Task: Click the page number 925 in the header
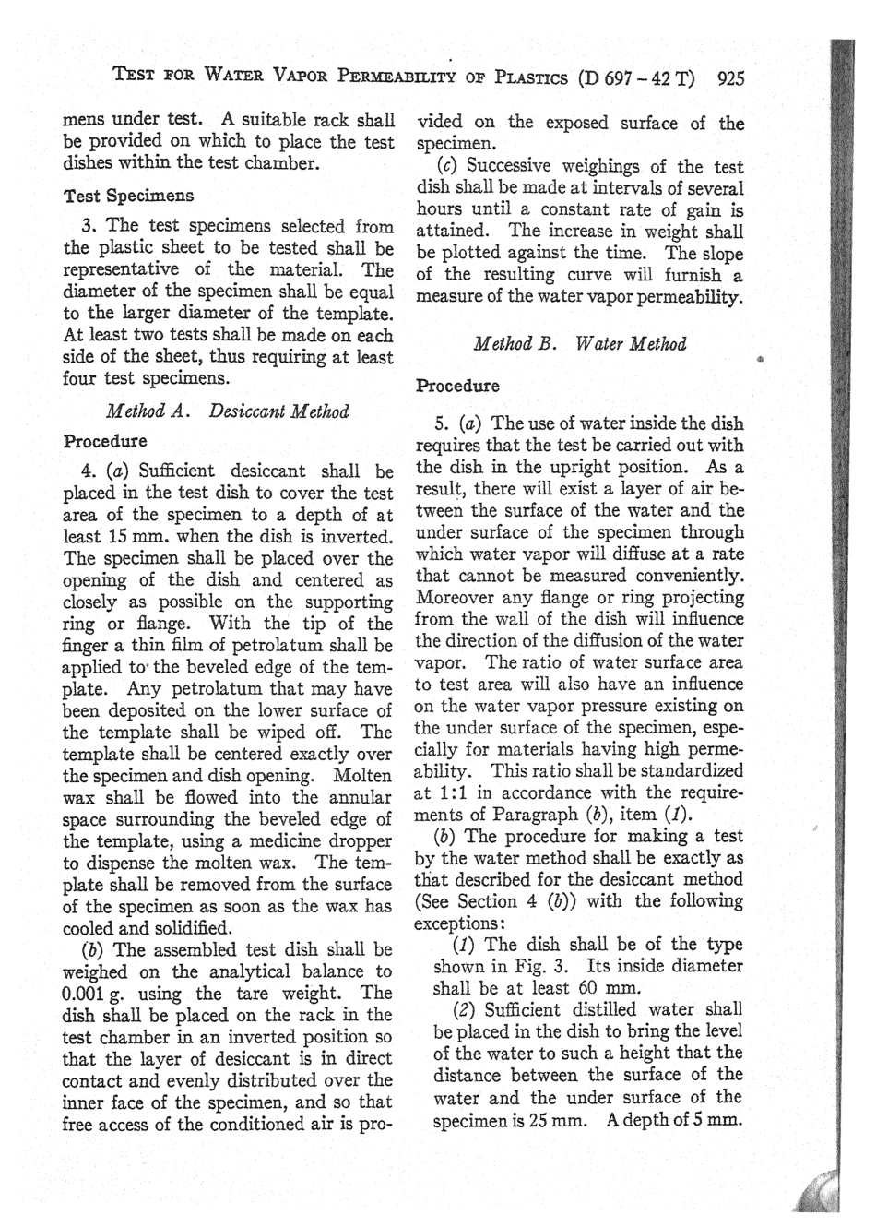tap(729, 78)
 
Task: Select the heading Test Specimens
tap(128, 196)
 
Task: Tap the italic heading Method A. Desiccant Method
tap(228, 411)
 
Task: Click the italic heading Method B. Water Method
tap(579, 344)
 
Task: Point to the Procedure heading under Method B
tap(458, 386)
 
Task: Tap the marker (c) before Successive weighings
tap(450, 166)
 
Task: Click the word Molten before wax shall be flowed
tap(361, 776)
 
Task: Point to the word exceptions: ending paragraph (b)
tap(458, 923)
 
